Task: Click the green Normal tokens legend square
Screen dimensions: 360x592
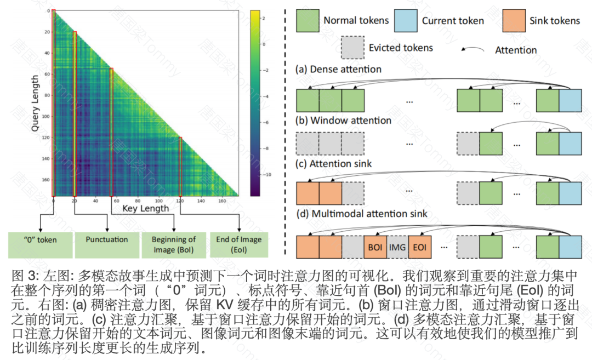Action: [307, 20]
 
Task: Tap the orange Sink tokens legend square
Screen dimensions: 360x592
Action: [513, 20]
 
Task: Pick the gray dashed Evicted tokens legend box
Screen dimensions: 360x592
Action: [352, 47]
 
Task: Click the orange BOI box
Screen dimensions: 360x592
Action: [375, 247]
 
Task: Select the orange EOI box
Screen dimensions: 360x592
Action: [420, 247]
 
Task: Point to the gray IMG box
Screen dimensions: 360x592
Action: [397, 247]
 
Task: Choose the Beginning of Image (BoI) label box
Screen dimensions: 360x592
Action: [174, 244]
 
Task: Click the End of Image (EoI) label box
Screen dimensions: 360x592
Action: [240, 244]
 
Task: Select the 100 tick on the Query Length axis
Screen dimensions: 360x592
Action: [45, 117]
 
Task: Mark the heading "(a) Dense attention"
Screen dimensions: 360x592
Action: [338, 70]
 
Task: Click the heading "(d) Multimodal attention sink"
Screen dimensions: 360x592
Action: [362, 214]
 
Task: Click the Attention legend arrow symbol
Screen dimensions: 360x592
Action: [473, 50]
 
